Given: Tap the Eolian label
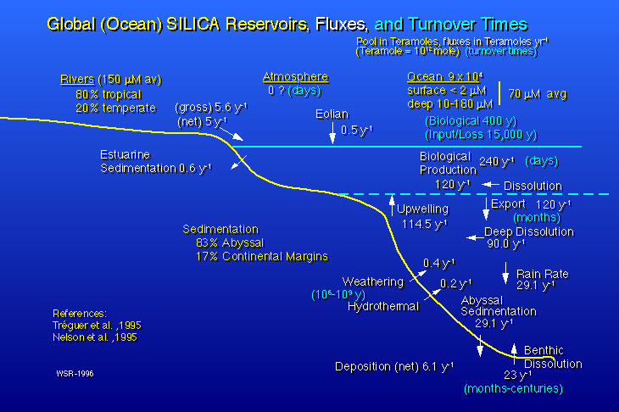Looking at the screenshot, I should coord(332,113).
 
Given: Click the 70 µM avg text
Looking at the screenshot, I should coord(538,93).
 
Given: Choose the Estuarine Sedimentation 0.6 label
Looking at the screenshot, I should coord(155,161).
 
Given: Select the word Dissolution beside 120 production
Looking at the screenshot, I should coord(533,185).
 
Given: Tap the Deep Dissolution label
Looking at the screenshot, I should coord(528,231).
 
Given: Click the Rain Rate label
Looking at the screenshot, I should coord(542,274).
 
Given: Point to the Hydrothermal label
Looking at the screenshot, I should coord(383,306).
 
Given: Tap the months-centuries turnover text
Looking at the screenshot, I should coord(513,388).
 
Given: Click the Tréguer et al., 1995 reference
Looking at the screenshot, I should coord(92,325).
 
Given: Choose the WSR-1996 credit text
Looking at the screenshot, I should coord(75,373).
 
